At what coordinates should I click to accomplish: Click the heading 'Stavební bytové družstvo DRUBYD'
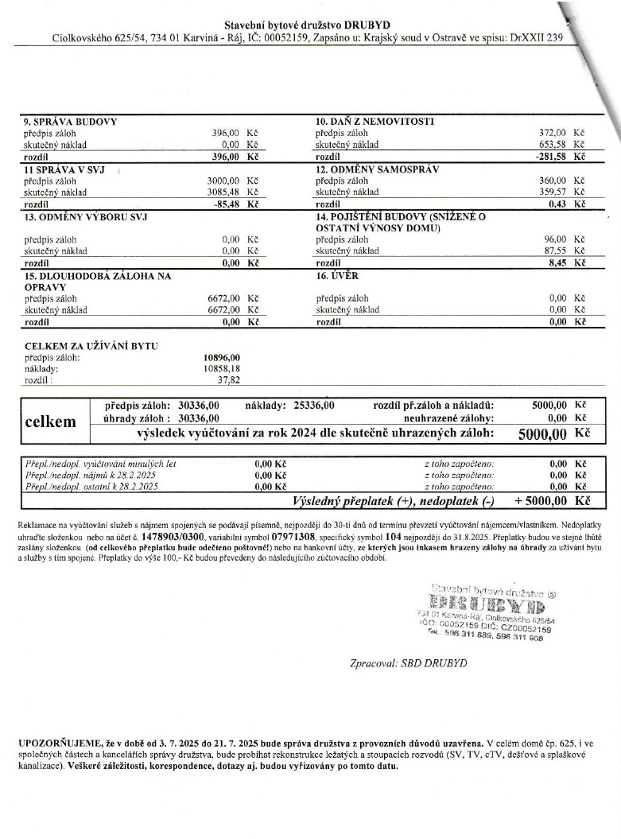[308, 25]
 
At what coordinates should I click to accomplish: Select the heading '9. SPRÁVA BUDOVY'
[71, 122]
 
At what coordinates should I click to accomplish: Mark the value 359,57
[553, 192]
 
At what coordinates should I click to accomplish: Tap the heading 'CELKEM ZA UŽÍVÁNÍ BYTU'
[91, 346]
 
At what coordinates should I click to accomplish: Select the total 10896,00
[222, 358]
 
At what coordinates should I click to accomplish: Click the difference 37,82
[229, 380]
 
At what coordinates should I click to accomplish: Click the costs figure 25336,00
[309, 406]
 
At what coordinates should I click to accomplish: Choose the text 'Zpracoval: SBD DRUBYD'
[409, 662]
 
